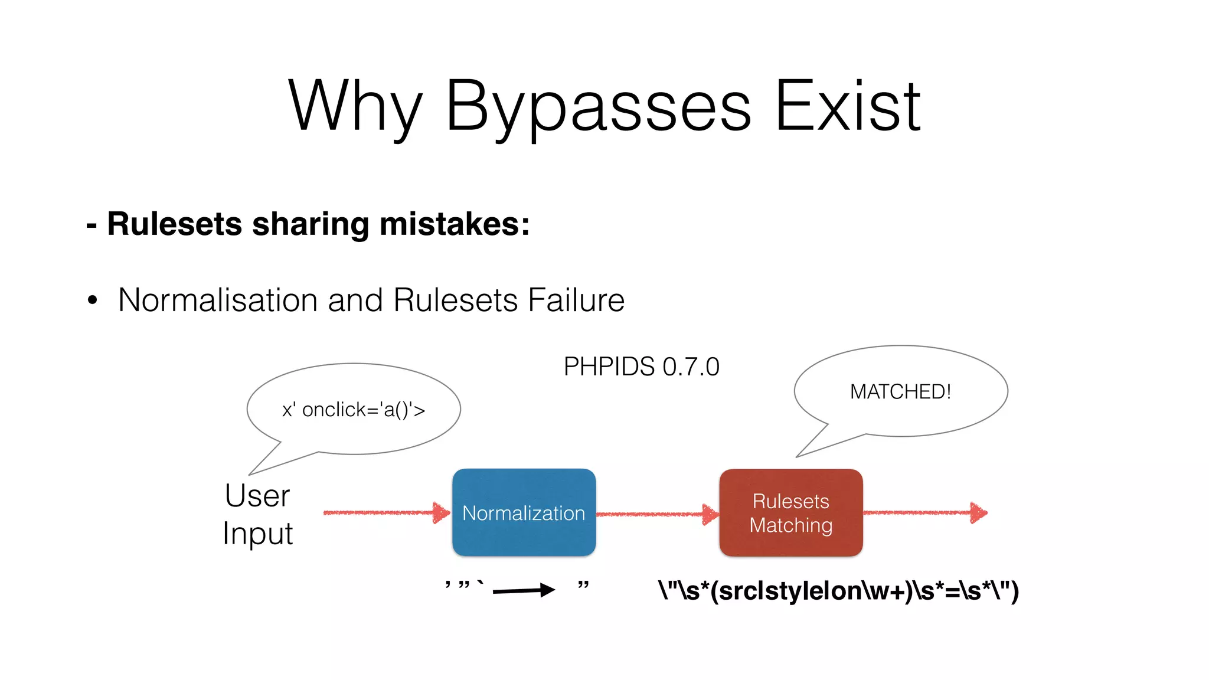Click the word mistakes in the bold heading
[455, 224]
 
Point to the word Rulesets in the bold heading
[175, 224]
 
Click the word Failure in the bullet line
[576, 300]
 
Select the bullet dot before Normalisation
[92, 300]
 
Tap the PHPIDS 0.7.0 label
[642, 367]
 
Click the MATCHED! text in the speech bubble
[900, 391]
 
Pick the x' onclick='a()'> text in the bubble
[354, 410]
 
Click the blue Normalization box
[524, 512]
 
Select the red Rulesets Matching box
[791, 512]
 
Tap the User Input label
[258, 514]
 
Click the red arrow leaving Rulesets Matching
[924, 512]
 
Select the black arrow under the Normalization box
[523, 590]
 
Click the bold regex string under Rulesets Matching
[838, 591]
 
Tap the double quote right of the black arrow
[583, 585]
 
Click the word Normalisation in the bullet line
[218, 300]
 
